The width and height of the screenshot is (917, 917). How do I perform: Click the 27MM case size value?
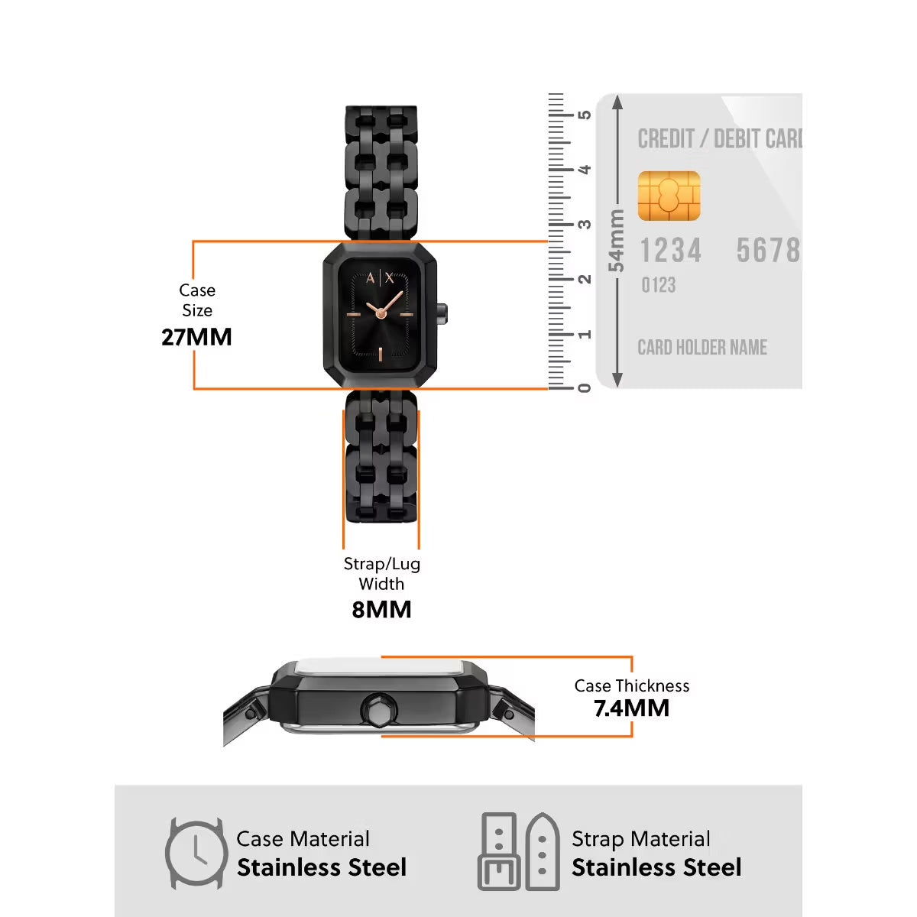click(196, 337)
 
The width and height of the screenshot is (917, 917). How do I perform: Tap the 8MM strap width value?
click(381, 610)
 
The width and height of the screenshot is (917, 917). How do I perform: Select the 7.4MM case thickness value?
click(631, 708)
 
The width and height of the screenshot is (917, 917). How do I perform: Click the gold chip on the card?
click(669, 196)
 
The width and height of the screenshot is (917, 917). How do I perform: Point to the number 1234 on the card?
click(670, 251)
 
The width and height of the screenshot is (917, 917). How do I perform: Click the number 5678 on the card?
click(768, 251)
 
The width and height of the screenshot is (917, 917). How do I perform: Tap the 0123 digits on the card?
click(658, 285)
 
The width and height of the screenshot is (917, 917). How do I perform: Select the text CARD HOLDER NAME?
click(702, 348)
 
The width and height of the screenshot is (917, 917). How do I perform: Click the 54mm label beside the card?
click(616, 241)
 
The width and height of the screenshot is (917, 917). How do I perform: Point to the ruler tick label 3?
click(585, 225)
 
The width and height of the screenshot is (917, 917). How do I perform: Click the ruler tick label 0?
click(585, 388)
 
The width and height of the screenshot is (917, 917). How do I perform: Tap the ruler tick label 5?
click(585, 115)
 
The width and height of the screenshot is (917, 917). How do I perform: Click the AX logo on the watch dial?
click(380, 278)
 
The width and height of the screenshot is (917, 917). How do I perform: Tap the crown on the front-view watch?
click(442, 311)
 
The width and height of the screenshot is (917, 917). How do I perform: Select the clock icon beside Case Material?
click(196, 854)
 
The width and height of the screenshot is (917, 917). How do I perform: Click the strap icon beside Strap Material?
click(520, 851)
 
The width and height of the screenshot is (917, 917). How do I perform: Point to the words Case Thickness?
click(631, 685)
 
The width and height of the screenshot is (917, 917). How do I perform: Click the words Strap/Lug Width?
click(381, 573)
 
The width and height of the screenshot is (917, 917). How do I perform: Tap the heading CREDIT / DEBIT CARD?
click(719, 139)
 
